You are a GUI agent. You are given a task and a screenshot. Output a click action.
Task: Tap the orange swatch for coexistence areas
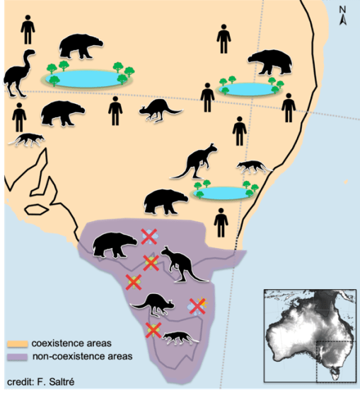click(17, 344)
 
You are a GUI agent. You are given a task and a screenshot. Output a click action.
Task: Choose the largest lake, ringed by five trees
click(88, 78)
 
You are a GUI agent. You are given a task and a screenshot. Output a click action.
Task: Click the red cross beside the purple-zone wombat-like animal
click(148, 237)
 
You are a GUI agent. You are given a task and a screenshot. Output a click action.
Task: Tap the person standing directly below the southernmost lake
click(221, 221)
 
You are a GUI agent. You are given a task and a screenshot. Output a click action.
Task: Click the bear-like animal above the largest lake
click(80, 47)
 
